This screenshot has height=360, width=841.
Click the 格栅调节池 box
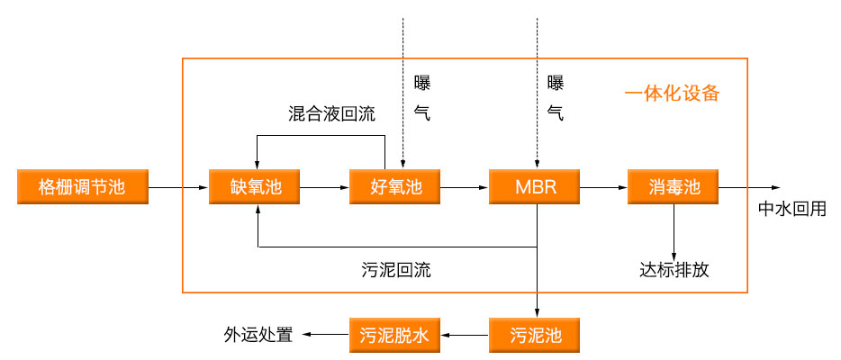click(81, 187)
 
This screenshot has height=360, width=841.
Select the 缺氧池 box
click(257, 187)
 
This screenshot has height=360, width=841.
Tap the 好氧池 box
click(396, 187)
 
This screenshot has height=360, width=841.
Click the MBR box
click(536, 187)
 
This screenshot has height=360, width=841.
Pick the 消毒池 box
click(674, 187)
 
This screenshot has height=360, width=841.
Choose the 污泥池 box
click(536, 336)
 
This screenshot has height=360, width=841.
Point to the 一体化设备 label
click(672, 94)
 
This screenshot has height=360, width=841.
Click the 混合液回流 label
click(331, 114)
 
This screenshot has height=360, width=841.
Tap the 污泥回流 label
click(395, 270)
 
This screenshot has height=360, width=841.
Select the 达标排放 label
click(674, 270)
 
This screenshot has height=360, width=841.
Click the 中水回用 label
click(791, 210)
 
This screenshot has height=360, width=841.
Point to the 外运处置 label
click(258, 336)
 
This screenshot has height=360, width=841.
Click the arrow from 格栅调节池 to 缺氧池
click(176, 187)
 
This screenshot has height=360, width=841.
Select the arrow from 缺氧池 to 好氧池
click(325, 187)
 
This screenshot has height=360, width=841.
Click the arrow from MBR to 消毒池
click(604, 187)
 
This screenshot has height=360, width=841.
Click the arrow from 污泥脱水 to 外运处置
click(325, 336)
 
